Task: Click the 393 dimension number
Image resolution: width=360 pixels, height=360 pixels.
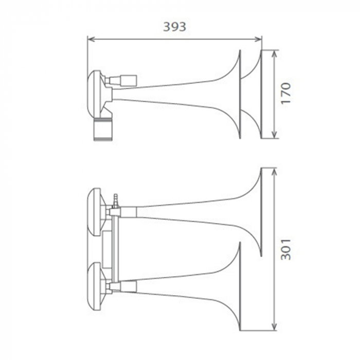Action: click(174, 27)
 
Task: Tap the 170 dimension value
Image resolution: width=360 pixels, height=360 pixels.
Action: click(286, 93)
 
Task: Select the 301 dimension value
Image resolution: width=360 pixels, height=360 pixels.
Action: click(286, 249)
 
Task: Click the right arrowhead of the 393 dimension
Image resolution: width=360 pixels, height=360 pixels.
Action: click(258, 39)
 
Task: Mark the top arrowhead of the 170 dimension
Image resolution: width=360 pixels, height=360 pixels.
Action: click(274, 53)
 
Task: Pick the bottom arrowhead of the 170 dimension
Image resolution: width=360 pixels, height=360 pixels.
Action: click(274, 135)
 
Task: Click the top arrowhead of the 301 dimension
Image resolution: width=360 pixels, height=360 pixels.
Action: click(274, 172)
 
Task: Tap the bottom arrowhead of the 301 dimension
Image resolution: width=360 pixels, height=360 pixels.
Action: click(274, 327)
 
